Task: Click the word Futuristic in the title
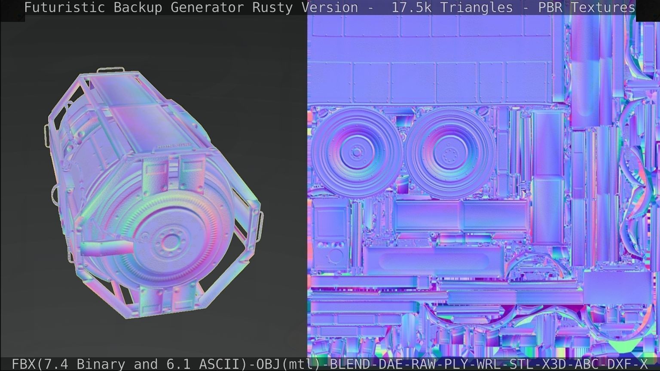point(64,7)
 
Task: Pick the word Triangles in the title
point(471,7)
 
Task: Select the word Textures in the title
point(603,7)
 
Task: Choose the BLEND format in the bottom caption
point(350,364)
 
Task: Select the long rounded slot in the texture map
point(435,260)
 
